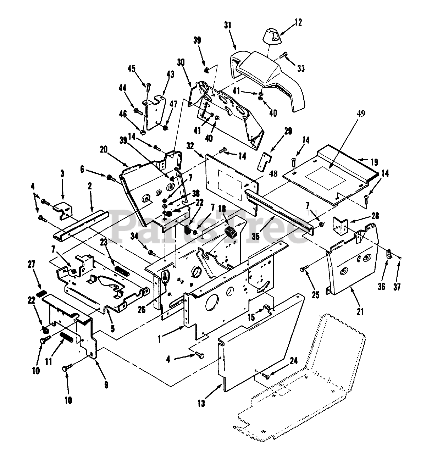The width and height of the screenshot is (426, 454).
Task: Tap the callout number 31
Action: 227,25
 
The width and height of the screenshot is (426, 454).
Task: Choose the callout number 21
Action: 360,312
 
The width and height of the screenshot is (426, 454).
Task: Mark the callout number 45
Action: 131,69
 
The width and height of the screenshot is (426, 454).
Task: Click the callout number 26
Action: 141,310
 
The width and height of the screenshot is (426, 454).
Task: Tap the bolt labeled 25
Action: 304,269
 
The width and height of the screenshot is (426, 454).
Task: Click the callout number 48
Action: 272,174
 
